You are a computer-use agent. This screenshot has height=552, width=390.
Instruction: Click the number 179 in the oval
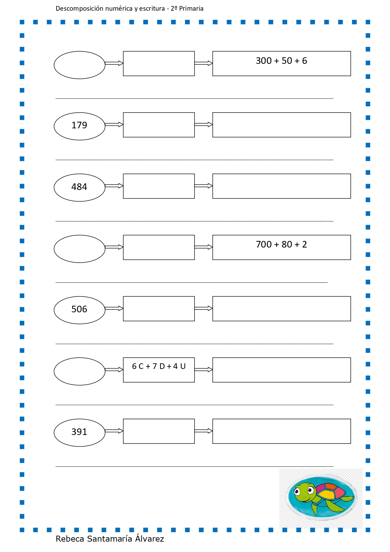79,125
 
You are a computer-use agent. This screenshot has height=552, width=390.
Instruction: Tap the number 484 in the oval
79,187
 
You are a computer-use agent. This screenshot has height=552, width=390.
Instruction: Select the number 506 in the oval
79,309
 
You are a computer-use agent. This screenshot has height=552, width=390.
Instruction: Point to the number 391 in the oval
79,432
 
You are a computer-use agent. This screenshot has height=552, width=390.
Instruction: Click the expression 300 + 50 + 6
281,61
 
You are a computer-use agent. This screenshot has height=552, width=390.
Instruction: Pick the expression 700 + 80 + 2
281,244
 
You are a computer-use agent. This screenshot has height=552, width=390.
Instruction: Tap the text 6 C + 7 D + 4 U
159,366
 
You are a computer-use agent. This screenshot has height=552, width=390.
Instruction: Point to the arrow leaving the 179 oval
114,125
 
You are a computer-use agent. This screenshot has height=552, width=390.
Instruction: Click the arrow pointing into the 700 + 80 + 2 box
204,247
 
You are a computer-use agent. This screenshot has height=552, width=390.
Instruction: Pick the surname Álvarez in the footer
150,538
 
